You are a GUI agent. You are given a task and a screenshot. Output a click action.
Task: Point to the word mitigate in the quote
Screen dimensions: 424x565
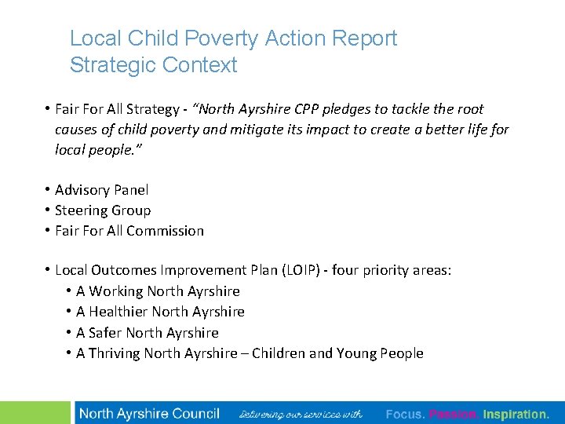(254, 130)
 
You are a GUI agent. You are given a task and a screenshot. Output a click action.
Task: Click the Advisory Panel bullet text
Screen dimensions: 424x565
(101, 190)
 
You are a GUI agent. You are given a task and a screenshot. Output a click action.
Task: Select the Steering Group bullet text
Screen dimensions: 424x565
(103, 210)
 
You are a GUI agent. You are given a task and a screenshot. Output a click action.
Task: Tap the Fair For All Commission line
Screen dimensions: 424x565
(129, 231)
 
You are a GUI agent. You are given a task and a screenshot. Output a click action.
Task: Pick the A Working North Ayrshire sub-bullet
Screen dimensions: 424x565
(158, 291)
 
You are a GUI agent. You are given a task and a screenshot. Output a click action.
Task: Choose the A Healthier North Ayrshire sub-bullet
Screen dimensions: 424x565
(160, 312)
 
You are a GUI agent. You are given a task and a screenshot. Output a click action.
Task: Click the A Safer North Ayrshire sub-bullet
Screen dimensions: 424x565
(148, 333)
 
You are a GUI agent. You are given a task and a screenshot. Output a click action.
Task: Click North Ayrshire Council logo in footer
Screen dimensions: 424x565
(149, 414)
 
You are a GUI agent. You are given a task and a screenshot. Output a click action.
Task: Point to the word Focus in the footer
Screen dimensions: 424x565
(405, 414)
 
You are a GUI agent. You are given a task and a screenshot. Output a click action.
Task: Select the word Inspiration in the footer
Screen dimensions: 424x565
(516, 414)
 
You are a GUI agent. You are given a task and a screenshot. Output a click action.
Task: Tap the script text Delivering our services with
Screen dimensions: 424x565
(301, 414)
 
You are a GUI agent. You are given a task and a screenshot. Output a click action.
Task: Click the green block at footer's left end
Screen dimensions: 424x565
(35, 413)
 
